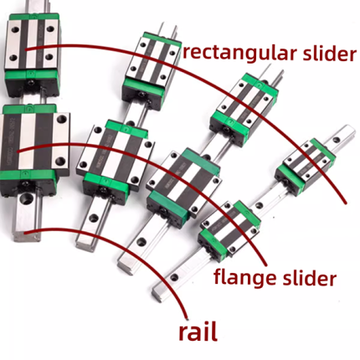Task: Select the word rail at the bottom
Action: click(x=198, y=332)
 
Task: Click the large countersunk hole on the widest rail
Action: click(x=27, y=198)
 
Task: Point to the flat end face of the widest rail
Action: click(x=27, y=236)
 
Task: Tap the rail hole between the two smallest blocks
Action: click(x=260, y=206)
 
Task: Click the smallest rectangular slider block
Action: click(x=305, y=167)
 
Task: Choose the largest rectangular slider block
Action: click(x=32, y=54)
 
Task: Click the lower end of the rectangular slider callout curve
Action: click(x=346, y=203)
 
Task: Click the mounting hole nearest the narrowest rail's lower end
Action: click(x=174, y=277)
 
